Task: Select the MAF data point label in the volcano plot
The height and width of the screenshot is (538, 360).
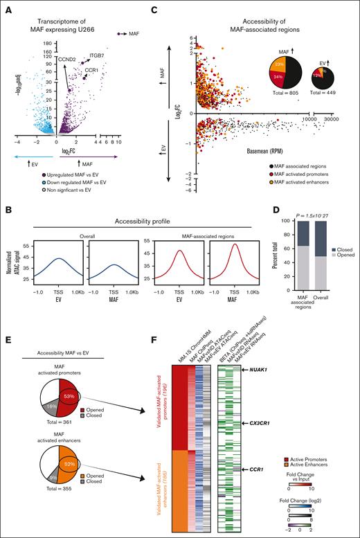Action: coord(134,33)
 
